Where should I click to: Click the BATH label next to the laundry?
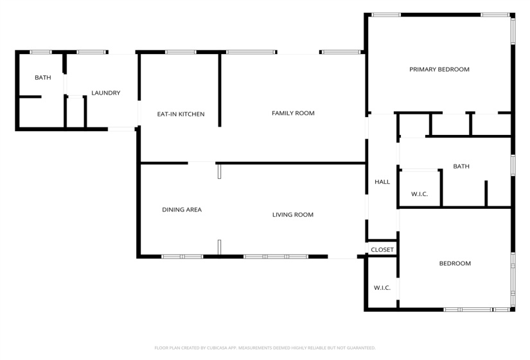(x=43, y=78)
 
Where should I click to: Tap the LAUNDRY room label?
(x=105, y=93)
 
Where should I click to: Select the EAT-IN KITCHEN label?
(x=181, y=114)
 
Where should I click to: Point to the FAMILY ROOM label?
(x=293, y=113)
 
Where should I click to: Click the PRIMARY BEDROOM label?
(x=439, y=69)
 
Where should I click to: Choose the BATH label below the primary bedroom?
(x=461, y=166)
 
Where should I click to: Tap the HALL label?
(x=382, y=182)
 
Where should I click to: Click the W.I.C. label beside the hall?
(x=420, y=194)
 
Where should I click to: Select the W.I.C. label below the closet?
(x=382, y=287)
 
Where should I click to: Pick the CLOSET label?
(x=382, y=250)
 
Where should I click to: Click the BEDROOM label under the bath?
(x=455, y=264)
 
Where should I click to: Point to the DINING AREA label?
(x=182, y=210)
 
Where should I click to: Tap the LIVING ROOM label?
(x=293, y=215)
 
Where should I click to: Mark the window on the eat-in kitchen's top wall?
(x=181, y=52)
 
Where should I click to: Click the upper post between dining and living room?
(x=219, y=170)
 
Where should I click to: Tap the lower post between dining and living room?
(x=219, y=248)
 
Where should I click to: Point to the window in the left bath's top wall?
(x=41, y=52)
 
